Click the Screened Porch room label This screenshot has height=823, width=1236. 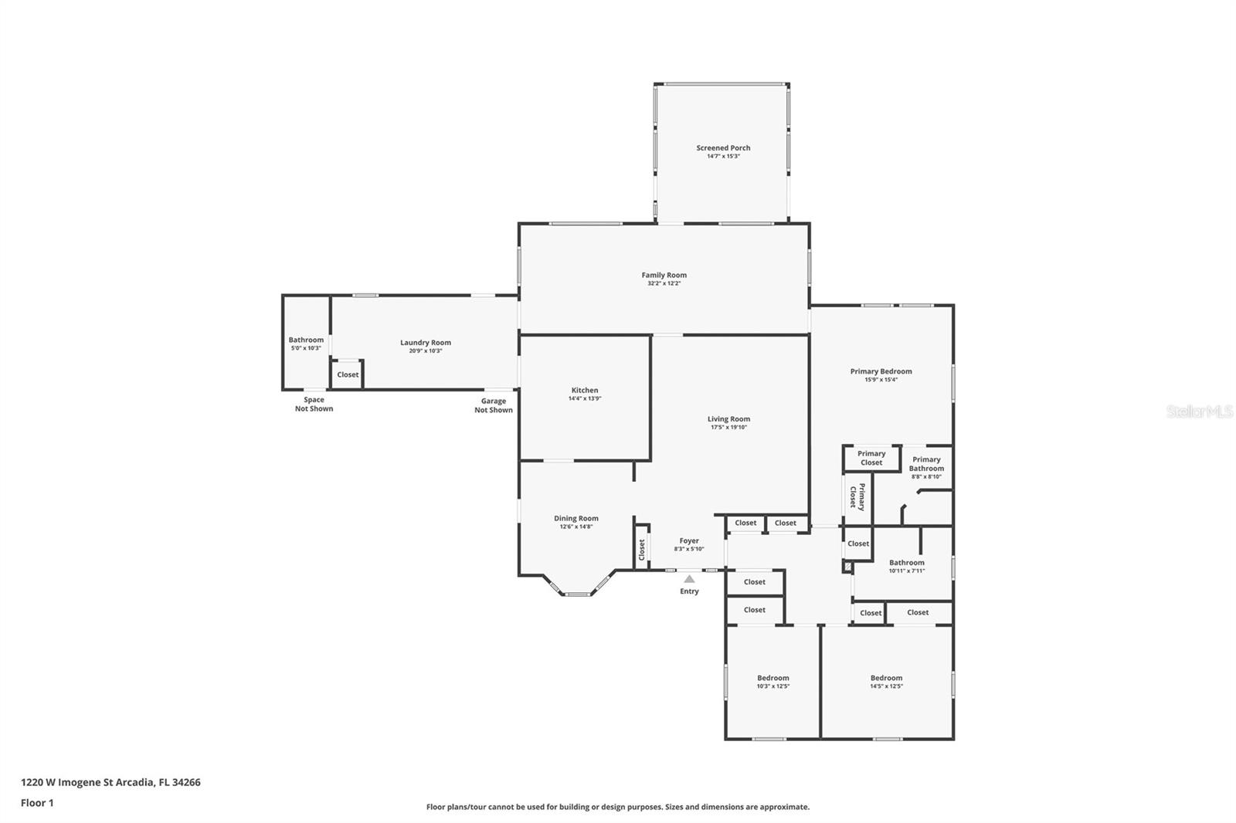pos(723,147)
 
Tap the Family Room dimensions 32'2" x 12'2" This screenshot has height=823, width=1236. pos(664,283)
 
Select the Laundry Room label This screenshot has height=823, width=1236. pos(426,343)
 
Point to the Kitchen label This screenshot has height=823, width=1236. pos(584,390)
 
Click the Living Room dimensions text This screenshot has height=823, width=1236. pos(728,427)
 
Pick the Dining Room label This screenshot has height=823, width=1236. pos(576,518)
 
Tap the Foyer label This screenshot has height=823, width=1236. pos(689,540)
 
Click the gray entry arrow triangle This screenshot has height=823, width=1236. pos(689,578)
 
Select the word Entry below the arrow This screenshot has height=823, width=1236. pos(689,591)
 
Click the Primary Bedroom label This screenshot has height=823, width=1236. pos(881,371)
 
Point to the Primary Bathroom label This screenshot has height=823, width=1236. pos(926,464)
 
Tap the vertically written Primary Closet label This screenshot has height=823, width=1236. pos(857,497)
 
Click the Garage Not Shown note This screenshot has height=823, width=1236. pos(494,405)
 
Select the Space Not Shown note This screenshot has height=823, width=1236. pos(314,405)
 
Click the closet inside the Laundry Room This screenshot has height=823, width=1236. pos(348,374)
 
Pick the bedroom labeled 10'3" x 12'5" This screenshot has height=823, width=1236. pos(772,682)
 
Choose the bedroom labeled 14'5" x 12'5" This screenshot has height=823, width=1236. pos(887,682)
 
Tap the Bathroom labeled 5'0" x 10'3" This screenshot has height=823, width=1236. pos(306,343)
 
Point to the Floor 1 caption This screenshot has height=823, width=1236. pos(37,803)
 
